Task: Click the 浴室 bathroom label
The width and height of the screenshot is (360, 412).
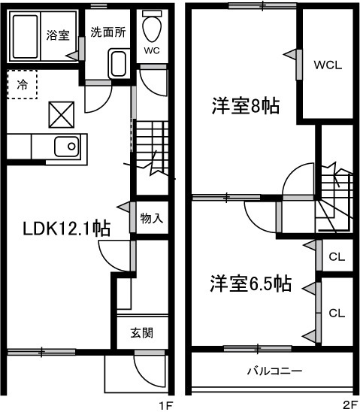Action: click(x=58, y=35)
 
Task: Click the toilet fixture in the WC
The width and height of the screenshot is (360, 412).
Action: click(x=153, y=28)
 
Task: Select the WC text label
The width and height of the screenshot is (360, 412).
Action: click(x=153, y=52)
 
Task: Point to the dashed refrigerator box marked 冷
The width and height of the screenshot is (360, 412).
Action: click(x=22, y=84)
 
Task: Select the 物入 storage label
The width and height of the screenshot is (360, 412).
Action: click(x=151, y=219)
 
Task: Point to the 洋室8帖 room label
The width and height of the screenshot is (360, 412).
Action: click(x=245, y=106)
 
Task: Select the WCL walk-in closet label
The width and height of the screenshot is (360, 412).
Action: click(x=328, y=65)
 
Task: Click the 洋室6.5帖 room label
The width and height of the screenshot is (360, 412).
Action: click(x=250, y=283)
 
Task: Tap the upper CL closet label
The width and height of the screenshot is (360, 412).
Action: click(x=336, y=257)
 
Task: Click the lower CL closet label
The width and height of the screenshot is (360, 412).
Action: click(x=336, y=314)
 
